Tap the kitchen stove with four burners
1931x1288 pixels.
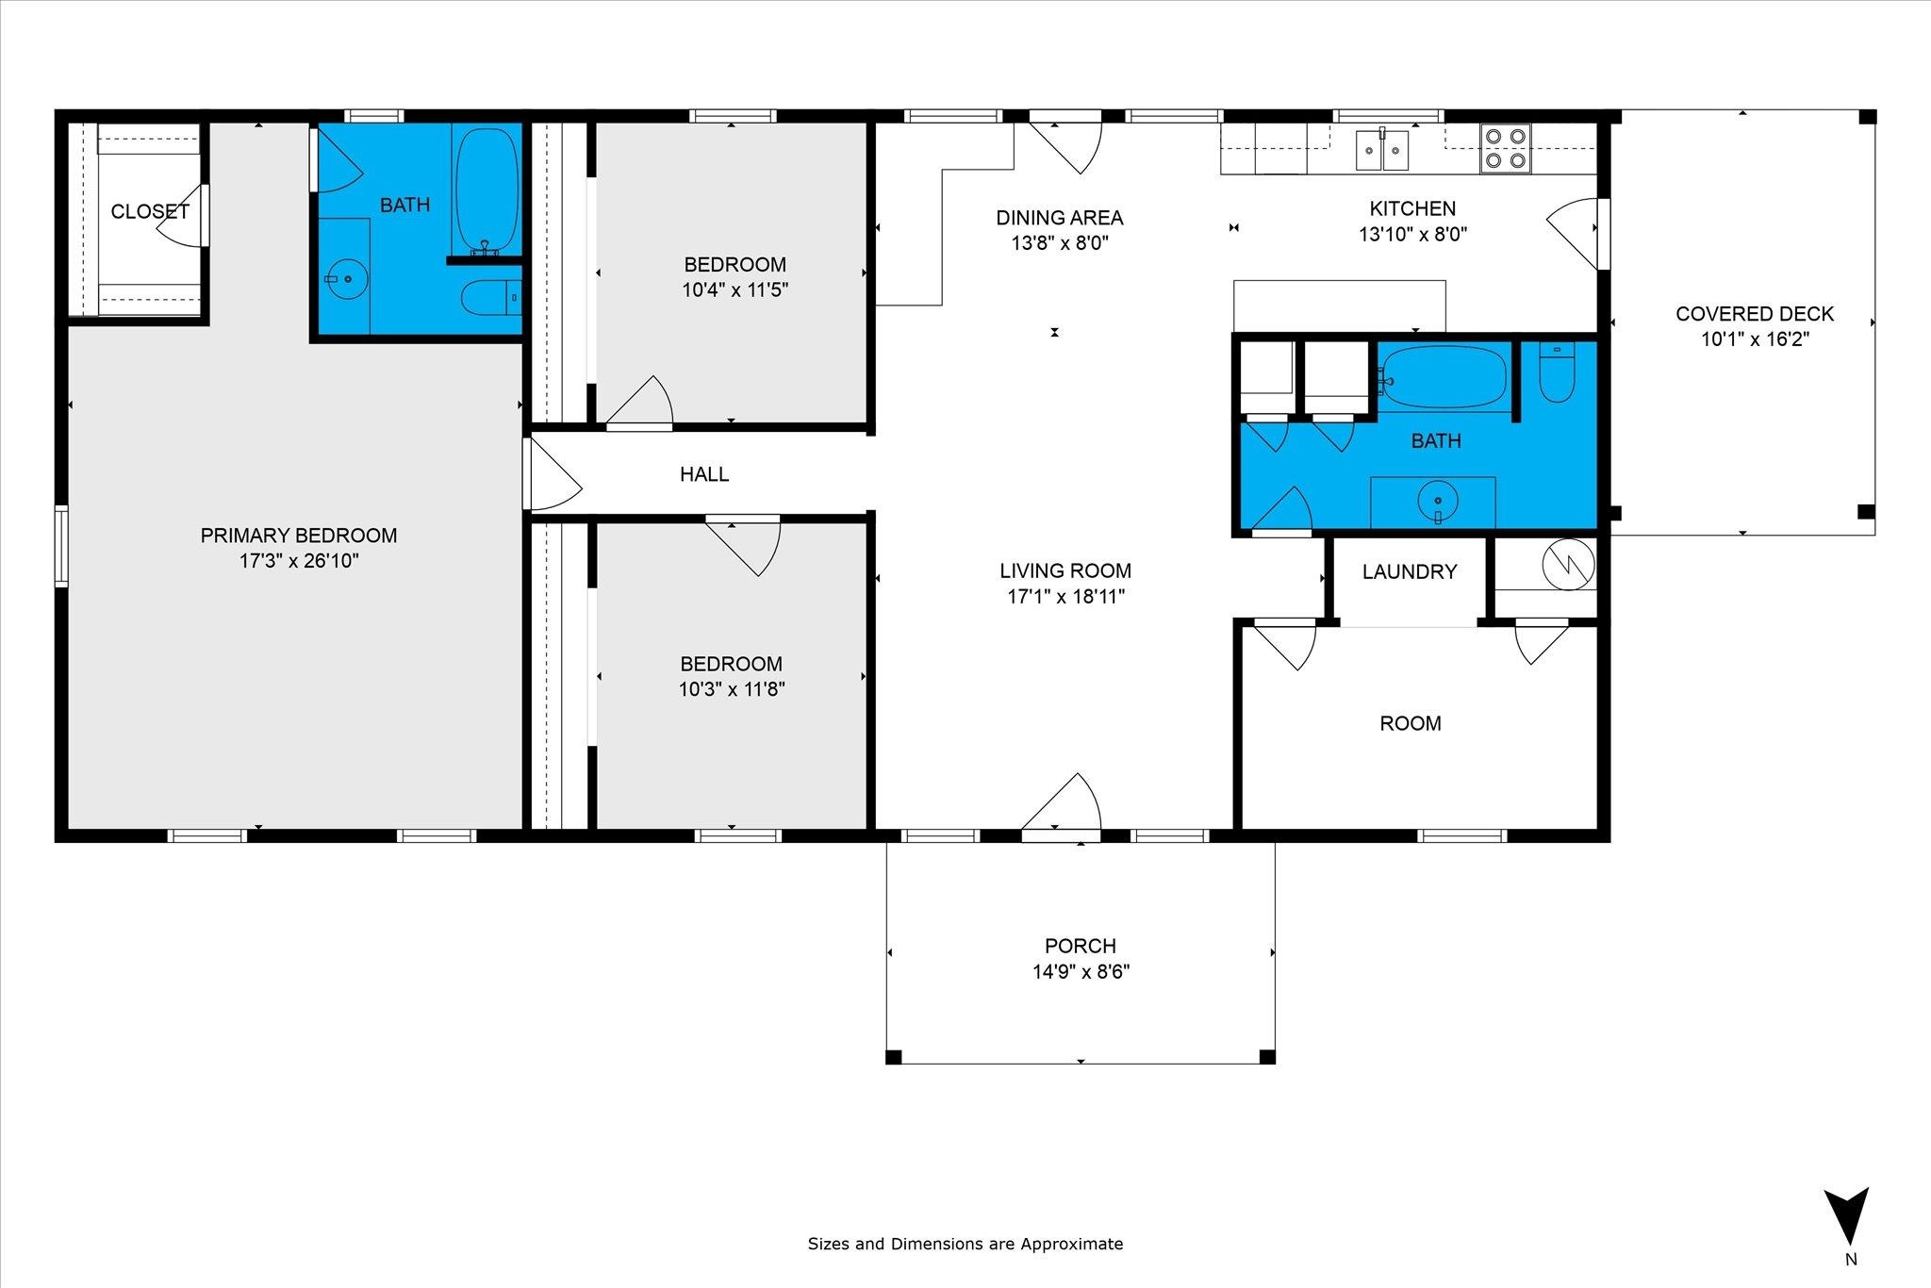point(1505,148)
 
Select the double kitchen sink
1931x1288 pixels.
point(1382,150)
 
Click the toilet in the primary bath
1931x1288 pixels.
point(491,298)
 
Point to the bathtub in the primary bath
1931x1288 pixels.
point(487,189)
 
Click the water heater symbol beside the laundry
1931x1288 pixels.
point(1568,564)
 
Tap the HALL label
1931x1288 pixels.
point(704,474)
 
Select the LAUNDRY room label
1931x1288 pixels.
point(1410,571)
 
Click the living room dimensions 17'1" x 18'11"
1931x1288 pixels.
point(1065,597)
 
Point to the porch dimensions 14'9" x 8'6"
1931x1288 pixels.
point(1081,972)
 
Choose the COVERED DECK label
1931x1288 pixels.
point(1755,314)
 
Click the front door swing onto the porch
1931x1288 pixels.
point(1062,806)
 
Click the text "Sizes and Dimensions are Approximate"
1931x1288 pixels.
point(965,1244)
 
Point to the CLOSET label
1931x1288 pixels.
point(150,212)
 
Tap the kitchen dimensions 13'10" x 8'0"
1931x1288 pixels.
point(1412,235)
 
